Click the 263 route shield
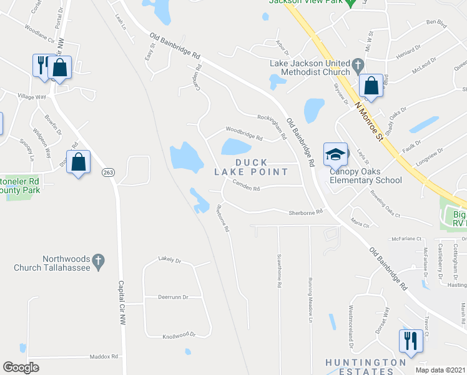[107, 172]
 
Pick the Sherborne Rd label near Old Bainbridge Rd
[305, 212]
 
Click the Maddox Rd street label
[104, 357]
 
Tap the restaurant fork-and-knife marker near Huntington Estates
[410, 341]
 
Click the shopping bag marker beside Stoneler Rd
[79, 162]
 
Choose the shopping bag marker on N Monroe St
[371, 86]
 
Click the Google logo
[21, 367]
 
